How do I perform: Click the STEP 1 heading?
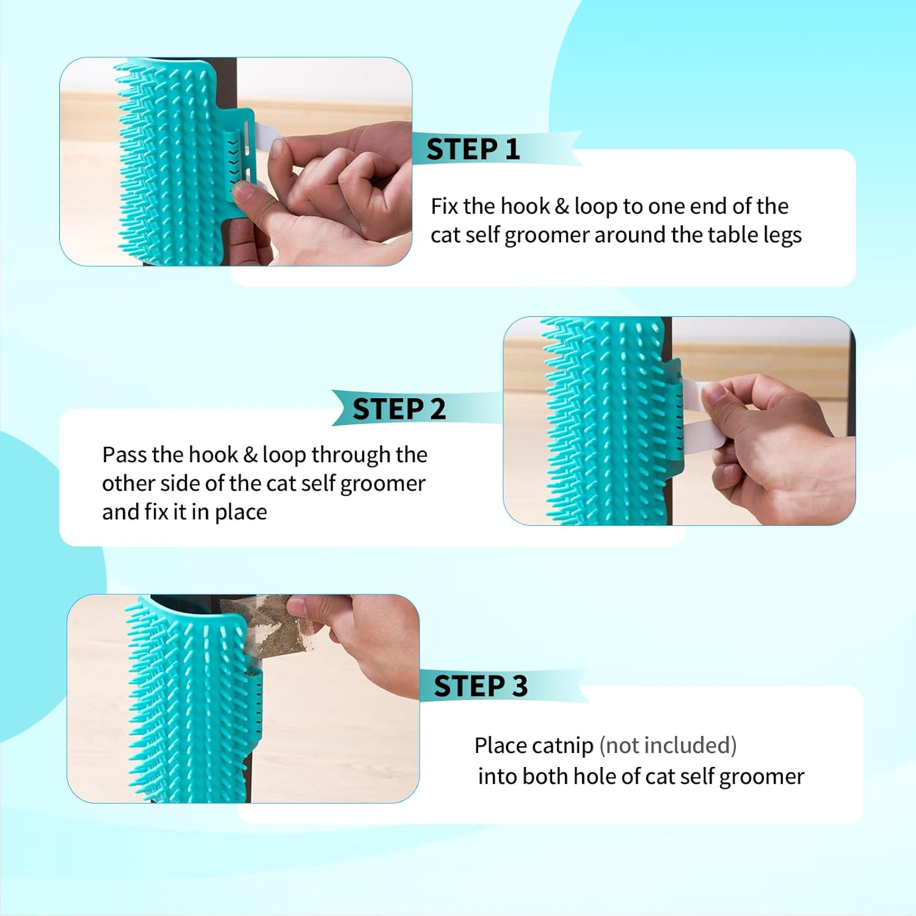(473, 150)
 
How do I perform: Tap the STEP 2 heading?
(399, 409)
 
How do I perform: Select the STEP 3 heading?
(481, 686)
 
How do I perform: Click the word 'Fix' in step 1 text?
(444, 206)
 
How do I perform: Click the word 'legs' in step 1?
(782, 236)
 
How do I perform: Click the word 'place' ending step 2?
(241, 512)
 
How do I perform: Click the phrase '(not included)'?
(668, 746)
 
